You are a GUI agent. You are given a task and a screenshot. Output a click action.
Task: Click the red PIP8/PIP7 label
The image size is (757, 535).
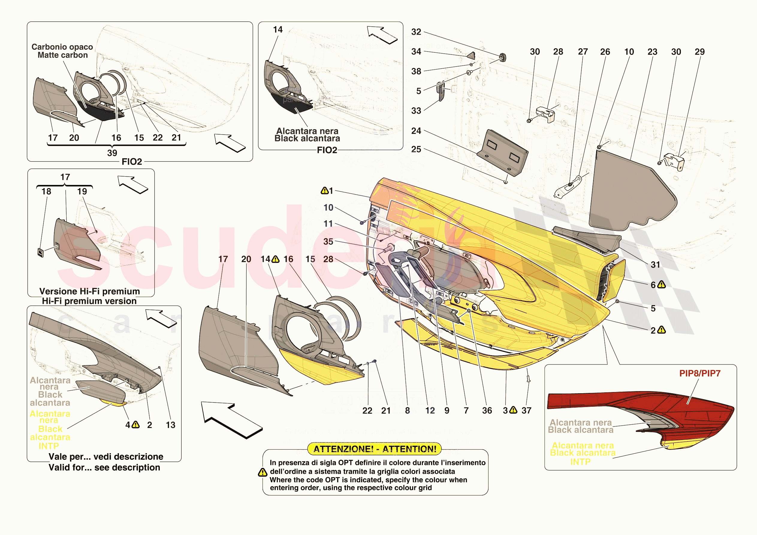coord(700,373)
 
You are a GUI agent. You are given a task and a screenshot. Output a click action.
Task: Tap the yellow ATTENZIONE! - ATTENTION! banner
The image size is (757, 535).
coord(375,449)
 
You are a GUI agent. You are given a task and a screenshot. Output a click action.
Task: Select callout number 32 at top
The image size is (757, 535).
coord(416,32)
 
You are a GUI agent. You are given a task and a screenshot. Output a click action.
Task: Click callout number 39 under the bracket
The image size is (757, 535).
coord(112,153)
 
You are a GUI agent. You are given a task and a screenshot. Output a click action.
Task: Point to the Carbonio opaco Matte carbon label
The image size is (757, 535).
coord(62,51)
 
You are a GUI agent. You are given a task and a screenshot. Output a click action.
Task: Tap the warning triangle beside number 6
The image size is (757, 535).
coord(661,285)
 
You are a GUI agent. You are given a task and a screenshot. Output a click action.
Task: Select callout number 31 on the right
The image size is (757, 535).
coord(655,265)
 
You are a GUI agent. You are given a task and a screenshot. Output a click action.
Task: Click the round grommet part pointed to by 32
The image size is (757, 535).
coord(503,57)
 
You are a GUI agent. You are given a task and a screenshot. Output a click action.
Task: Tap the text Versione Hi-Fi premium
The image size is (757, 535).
coord(89,291)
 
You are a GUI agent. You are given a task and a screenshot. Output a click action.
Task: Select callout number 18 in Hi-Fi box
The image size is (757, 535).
coord(46,192)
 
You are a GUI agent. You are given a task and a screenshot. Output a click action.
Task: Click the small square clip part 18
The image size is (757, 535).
coord(40,253)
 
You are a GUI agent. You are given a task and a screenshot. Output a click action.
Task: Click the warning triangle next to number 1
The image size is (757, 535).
coord(325,191)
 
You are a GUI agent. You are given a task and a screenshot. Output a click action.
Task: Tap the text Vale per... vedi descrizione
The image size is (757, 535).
coord(106,456)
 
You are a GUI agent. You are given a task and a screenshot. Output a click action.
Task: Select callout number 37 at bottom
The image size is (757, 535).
coord(526,411)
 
